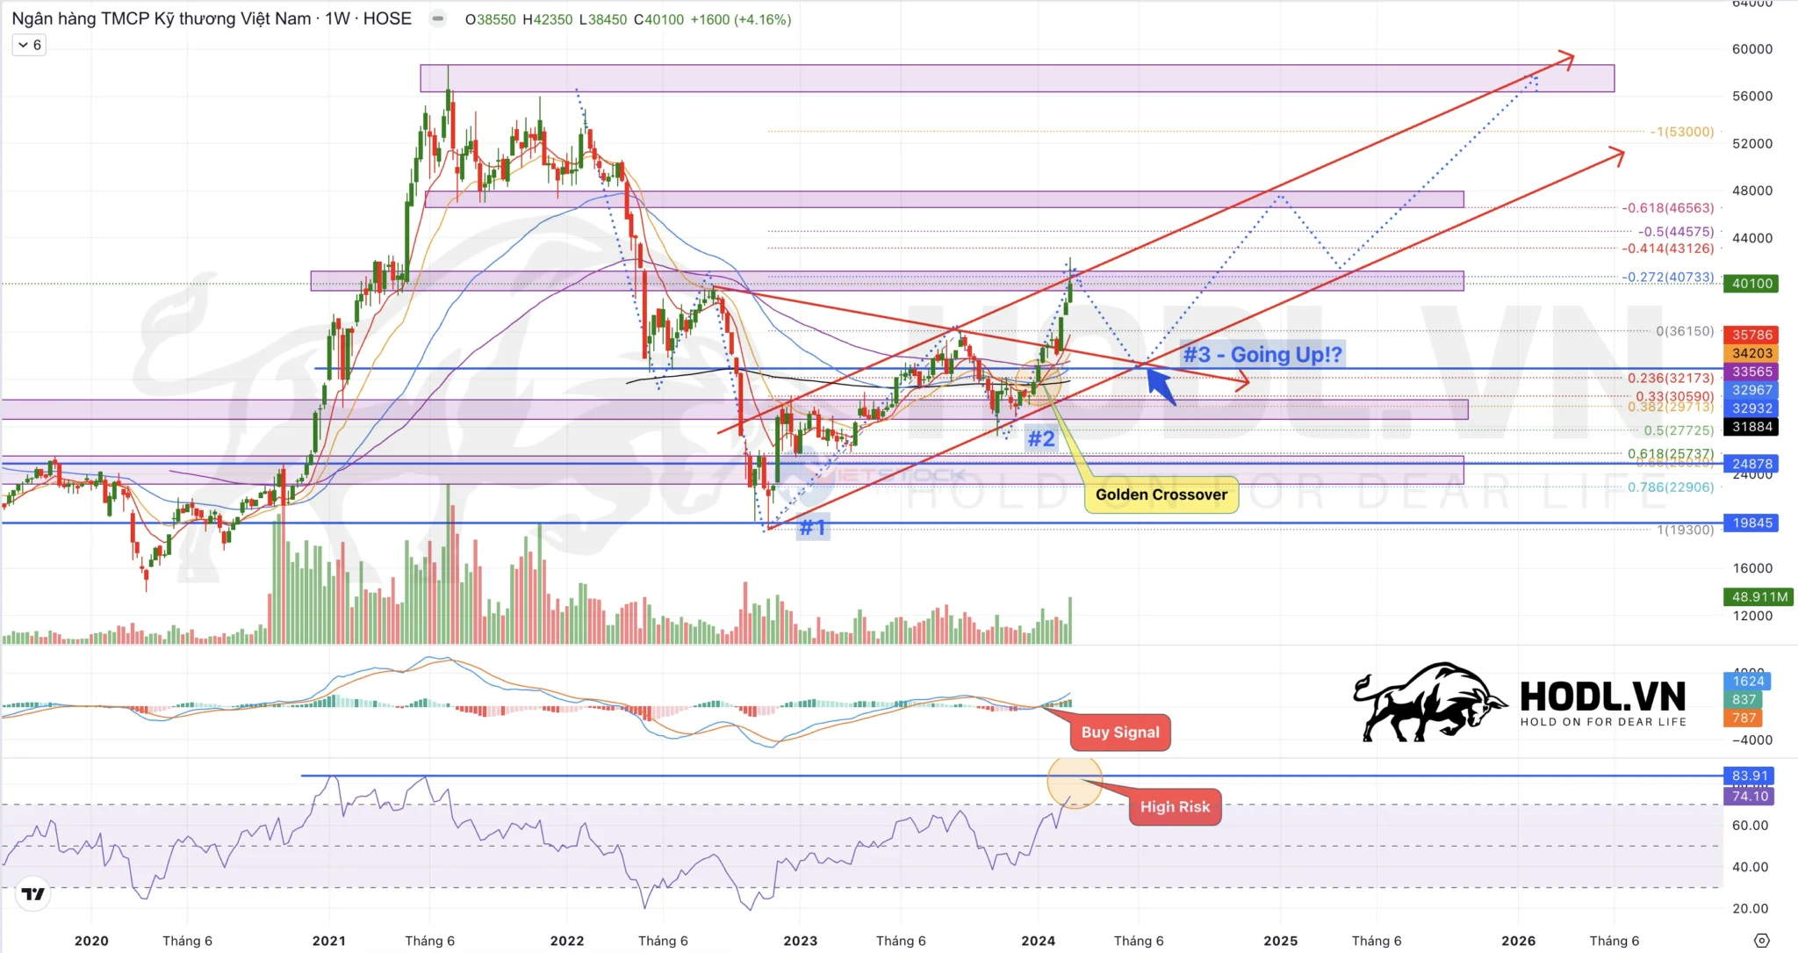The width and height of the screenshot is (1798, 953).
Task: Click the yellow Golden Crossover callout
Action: (1161, 495)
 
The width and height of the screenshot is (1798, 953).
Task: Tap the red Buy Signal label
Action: (1119, 733)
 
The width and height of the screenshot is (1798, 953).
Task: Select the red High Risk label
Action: (1174, 807)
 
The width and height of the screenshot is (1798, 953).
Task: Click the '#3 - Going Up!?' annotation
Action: (1262, 355)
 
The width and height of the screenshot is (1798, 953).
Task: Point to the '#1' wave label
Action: (812, 527)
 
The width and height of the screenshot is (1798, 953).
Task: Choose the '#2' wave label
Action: (1040, 438)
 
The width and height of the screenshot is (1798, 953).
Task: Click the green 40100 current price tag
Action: (1751, 284)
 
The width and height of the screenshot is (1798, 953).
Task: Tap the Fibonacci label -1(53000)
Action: (1681, 132)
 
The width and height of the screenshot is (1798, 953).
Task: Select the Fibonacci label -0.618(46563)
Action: (1667, 208)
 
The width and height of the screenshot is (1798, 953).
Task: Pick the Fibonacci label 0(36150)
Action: (1684, 331)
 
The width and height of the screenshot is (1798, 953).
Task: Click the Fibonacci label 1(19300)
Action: (1685, 530)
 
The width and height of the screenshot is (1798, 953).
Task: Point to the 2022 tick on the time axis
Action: (566, 941)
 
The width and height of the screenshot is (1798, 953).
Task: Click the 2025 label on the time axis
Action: (1280, 941)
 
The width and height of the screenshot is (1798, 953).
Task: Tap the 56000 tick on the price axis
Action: (1751, 96)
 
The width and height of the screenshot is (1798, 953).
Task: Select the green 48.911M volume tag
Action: (1758, 597)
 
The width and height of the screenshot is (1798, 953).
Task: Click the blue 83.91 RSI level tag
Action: (1749, 776)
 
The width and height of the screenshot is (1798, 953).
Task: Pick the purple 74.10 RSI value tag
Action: (1749, 796)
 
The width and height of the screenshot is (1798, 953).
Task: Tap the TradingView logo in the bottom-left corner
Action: (33, 894)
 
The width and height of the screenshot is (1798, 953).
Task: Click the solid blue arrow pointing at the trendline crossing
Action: (1161, 386)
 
